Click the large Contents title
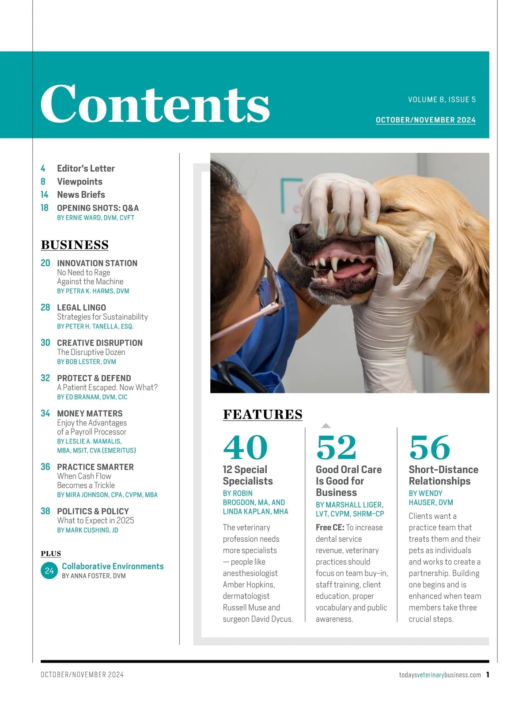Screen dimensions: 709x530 click(155, 104)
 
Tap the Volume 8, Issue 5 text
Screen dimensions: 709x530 click(442, 100)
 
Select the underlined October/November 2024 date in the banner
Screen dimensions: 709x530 click(425, 120)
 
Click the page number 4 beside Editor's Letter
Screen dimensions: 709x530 click(43, 169)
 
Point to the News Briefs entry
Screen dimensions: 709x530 click(81, 195)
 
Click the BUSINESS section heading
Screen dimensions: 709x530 click(75, 245)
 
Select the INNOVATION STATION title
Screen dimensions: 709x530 click(97, 263)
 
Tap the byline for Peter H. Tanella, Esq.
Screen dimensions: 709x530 click(95, 327)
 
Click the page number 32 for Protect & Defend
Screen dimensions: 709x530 click(45, 378)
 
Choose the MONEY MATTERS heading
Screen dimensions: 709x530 click(90, 414)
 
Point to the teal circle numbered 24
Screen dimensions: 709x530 click(49, 571)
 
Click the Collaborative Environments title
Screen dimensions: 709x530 click(113, 566)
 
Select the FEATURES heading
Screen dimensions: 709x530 click(263, 415)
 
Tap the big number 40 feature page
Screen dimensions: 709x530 click(245, 447)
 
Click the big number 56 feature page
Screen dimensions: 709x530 click(430, 447)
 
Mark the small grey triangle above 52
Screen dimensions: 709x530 click(326, 426)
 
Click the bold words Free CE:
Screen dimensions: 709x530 click(330, 528)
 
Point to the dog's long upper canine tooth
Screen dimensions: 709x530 click(335, 265)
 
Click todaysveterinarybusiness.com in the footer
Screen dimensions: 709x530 click(440, 675)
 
